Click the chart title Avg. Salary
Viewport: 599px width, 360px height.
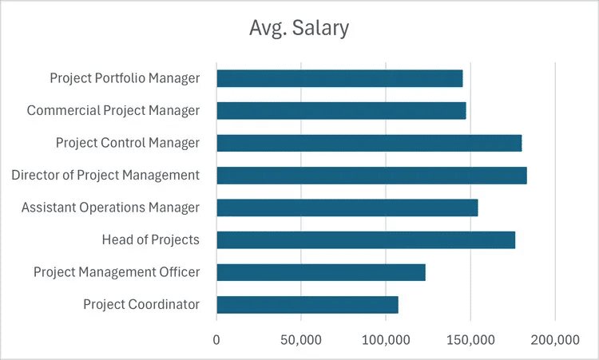[298, 30]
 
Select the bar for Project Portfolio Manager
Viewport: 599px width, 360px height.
[339, 78]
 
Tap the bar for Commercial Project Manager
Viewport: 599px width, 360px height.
[341, 111]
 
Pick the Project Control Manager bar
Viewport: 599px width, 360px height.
[369, 143]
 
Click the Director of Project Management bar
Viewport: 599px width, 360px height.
[371, 176]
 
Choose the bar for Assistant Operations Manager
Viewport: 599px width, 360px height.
[347, 208]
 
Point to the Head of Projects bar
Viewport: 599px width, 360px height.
[366, 239]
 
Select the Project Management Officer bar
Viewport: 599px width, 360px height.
[320, 272]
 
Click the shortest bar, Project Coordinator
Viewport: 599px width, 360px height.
[307, 304]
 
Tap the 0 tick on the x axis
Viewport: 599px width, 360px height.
[216, 339]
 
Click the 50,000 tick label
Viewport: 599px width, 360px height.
[301, 339]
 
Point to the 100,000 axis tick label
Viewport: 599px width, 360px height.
[386, 339]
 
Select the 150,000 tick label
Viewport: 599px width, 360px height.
[470, 339]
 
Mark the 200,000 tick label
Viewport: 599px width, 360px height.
[554, 339]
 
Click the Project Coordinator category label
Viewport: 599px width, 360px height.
[141, 304]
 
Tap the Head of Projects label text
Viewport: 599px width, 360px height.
[150, 239]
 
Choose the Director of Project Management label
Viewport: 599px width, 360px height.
[105, 175]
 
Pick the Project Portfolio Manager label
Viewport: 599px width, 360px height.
[125, 78]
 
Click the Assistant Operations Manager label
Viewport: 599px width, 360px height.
[110, 208]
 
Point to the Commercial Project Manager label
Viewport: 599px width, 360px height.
[113, 111]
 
